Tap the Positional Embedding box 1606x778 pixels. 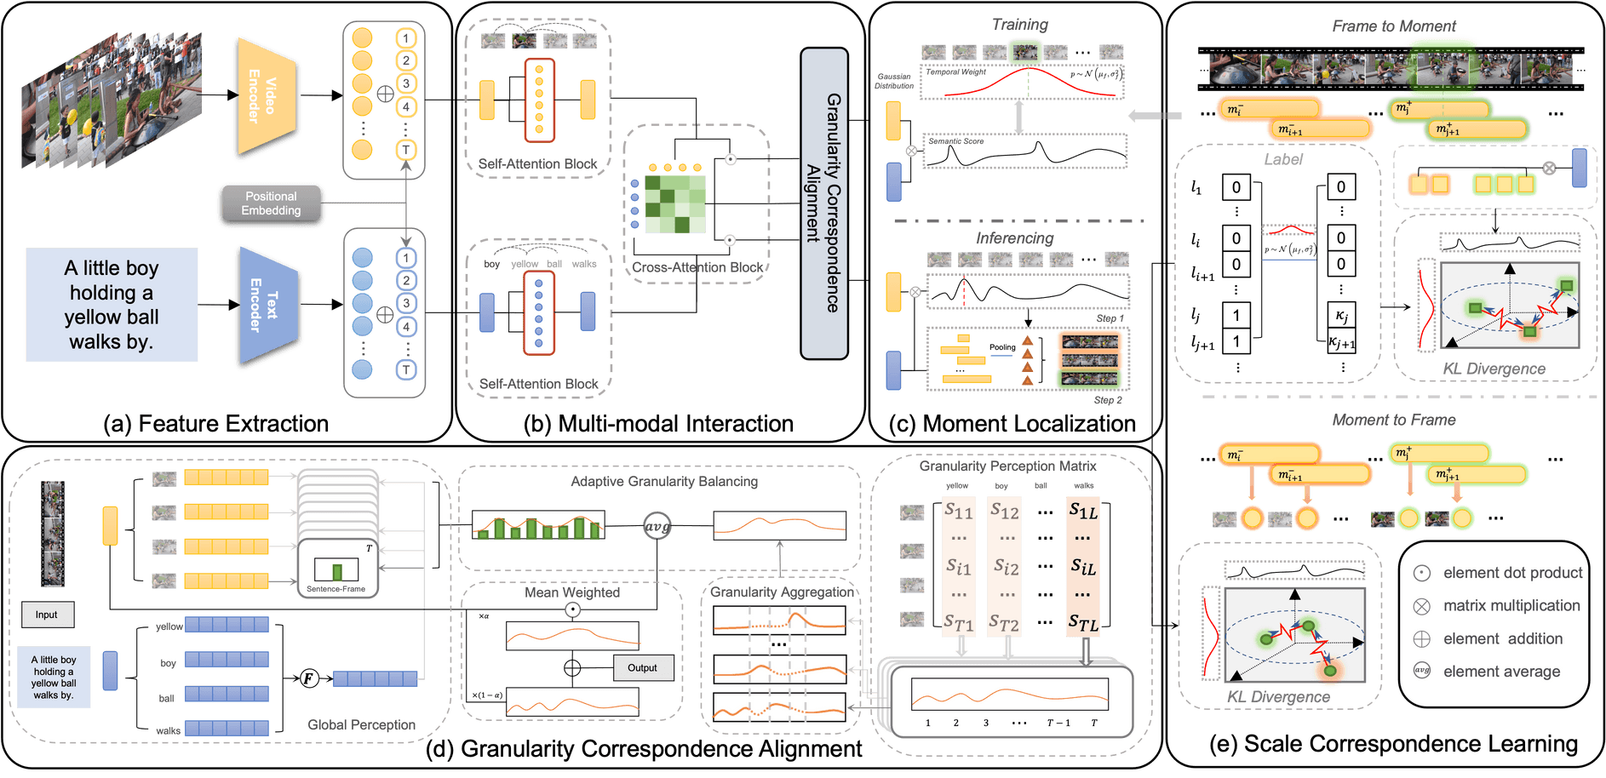click(271, 203)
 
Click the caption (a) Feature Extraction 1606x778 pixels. click(215, 423)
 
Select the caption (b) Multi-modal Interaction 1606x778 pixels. click(658, 423)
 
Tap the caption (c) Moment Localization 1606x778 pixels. click(1012, 423)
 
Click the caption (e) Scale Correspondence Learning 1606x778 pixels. click(1393, 743)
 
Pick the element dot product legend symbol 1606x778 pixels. click(1421, 573)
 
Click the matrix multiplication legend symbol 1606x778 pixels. click(1421, 606)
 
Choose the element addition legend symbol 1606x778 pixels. click(1421, 639)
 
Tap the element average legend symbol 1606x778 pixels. click(1421, 671)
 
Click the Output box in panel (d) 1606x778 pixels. click(642, 668)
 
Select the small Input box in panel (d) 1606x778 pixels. click(47, 615)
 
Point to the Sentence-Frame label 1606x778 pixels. click(336, 589)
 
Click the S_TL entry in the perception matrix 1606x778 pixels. click(1083, 623)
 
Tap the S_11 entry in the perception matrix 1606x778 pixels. click(959, 511)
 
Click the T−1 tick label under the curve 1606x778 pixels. click(1058, 723)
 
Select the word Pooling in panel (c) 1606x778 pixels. click(1002, 347)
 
